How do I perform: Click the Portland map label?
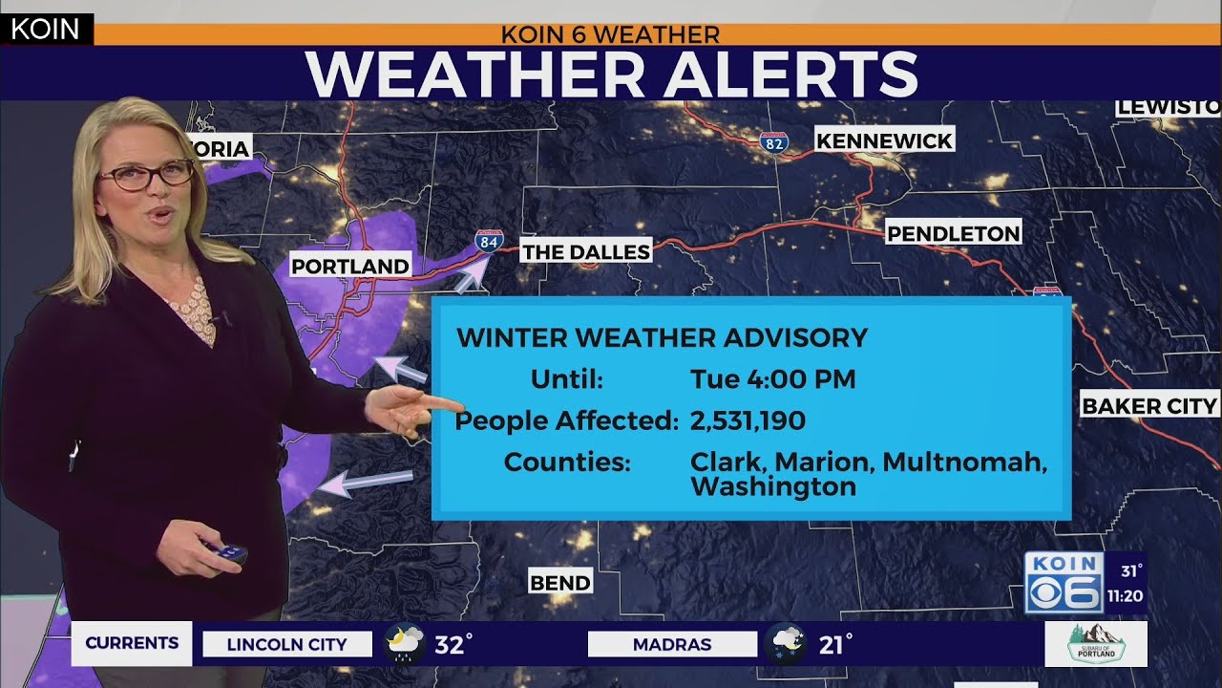[x=349, y=266]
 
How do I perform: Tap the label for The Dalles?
[x=586, y=252]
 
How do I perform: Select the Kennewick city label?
[x=884, y=141]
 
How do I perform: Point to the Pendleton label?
[x=954, y=233]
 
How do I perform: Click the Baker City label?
[x=1149, y=406]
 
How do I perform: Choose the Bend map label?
[x=560, y=583]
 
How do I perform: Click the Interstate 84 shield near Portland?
[x=488, y=241]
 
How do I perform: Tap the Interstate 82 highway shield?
[x=774, y=142]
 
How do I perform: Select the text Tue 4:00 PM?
[x=772, y=379]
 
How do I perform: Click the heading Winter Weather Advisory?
[x=662, y=337]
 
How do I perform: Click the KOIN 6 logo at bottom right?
[x=1064, y=583]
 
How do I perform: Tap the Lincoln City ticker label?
[x=286, y=645]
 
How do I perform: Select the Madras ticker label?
[x=671, y=645]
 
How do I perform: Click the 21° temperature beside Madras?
[x=835, y=645]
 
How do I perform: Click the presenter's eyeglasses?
[x=145, y=175]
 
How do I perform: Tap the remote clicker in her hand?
[x=224, y=551]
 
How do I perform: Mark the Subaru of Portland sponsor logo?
[x=1095, y=644]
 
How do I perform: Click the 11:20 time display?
[x=1126, y=596]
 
